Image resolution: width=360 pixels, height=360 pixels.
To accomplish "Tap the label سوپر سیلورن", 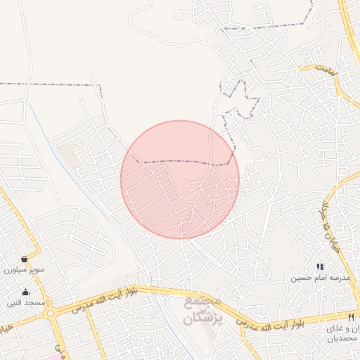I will (x=25, y=269).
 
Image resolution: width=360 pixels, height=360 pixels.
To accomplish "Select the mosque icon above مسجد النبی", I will (x=26, y=292).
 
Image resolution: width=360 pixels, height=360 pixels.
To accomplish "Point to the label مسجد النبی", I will (x=26, y=303).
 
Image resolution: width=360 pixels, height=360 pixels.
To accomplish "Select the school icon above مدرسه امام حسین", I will (x=320, y=266).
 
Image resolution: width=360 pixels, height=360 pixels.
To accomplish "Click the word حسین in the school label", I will (x=300, y=278).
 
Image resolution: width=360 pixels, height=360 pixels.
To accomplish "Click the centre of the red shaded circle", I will (x=180, y=180).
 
